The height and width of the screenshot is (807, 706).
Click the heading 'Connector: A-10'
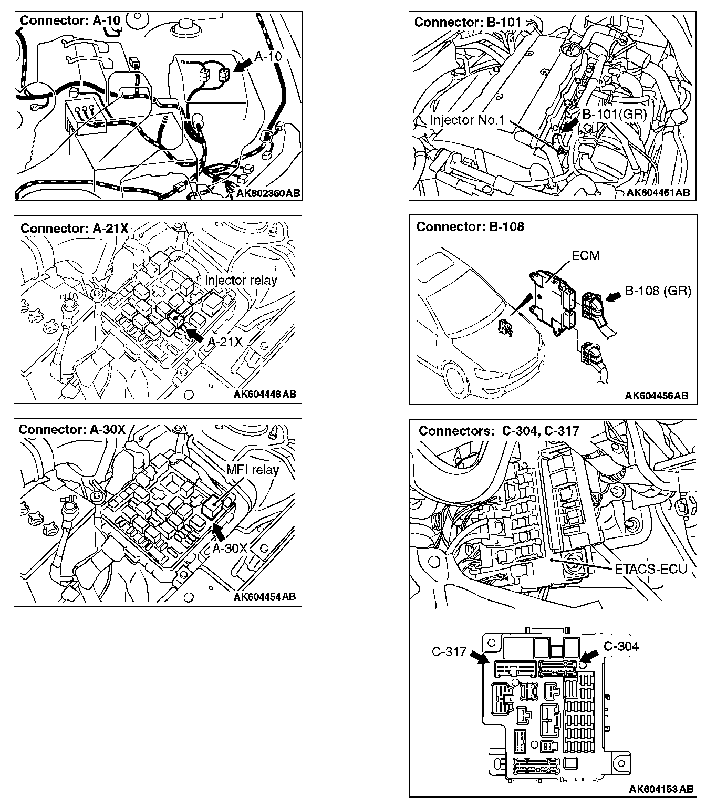[70, 21]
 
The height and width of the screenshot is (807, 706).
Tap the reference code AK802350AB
[268, 193]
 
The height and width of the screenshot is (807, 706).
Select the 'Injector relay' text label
[241, 280]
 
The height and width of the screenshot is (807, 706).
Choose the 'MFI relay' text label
[252, 469]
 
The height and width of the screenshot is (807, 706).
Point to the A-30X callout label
[230, 549]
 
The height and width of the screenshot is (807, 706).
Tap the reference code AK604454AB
[265, 596]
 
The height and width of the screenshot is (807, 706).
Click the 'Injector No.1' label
[467, 120]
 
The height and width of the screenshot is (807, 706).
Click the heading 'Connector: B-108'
[470, 226]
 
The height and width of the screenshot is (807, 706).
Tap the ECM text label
[586, 256]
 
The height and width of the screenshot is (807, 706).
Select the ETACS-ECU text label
[650, 569]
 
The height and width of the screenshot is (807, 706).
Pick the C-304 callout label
[621, 646]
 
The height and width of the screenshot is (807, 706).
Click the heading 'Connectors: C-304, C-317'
[499, 431]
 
